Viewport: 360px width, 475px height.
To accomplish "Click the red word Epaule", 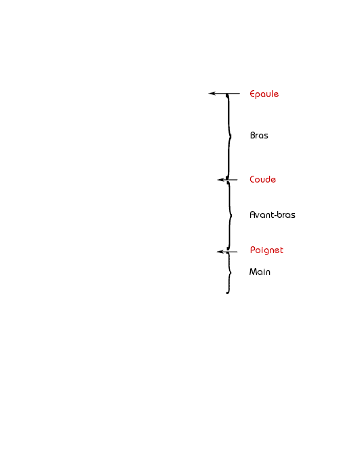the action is tap(264, 94).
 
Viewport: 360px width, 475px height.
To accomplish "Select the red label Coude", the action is tap(262, 179).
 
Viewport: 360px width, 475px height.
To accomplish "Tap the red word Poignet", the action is tap(266, 250).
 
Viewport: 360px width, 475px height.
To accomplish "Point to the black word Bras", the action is tap(259, 135).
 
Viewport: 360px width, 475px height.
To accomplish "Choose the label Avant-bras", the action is tap(272, 214).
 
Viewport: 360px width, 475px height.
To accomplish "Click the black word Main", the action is tap(260, 271).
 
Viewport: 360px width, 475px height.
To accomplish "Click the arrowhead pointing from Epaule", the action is tap(212, 94).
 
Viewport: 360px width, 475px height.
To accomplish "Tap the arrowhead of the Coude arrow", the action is tap(221, 180).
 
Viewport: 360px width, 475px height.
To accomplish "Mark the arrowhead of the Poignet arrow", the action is tap(220, 252).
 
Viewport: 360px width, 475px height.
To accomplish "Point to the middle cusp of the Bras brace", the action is tap(231, 136).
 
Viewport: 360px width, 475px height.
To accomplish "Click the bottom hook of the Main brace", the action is tap(227, 292).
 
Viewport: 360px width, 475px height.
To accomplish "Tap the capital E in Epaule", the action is tap(252, 94).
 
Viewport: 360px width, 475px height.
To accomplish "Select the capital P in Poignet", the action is tap(252, 250).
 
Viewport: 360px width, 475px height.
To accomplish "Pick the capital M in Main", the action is tap(253, 271).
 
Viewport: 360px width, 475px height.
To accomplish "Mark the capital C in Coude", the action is tap(252, 179).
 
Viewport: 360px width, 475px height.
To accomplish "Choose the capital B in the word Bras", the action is tap(253, 135).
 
